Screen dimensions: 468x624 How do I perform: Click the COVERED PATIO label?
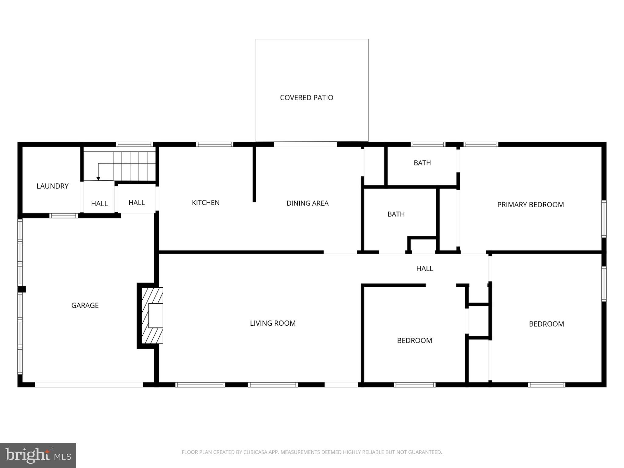307,98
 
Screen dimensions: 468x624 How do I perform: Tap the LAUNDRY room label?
52,186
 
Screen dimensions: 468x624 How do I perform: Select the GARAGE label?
85,305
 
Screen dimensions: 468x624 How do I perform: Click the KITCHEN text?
206,203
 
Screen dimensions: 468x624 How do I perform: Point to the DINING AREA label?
307,203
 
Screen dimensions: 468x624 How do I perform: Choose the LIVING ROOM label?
273,323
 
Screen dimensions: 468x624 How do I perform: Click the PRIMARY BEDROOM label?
530,205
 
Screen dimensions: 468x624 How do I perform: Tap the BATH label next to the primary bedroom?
422,163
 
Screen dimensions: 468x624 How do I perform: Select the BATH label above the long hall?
396,214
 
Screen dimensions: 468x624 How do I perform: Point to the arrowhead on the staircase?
98,179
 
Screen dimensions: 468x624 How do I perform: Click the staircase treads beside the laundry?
134,166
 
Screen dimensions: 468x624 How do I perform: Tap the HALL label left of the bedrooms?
424,268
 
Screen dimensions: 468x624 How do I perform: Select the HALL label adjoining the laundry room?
99,204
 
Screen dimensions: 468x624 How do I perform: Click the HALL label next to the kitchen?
136,203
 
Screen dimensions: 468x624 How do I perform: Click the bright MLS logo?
38,455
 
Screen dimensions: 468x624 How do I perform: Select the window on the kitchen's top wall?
214,144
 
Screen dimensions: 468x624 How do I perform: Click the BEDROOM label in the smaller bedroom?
414,341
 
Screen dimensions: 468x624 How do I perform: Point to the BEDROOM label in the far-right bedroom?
546,324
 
